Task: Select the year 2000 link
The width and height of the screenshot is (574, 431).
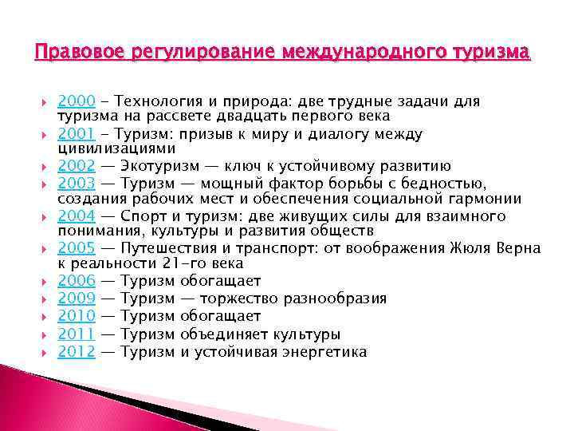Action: click(x=77, y=101)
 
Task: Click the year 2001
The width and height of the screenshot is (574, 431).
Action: click(x=77, y=134)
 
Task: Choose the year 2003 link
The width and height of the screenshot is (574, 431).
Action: click(x=77, y=184)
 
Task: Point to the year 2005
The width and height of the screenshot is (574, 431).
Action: click(x=77, y=248)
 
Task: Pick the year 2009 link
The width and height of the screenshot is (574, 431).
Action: click(x=77, y=299)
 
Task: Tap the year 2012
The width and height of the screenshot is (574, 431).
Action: click(x=77, y=351)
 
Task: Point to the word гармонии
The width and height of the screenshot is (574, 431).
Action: click(x=483, y=200)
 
